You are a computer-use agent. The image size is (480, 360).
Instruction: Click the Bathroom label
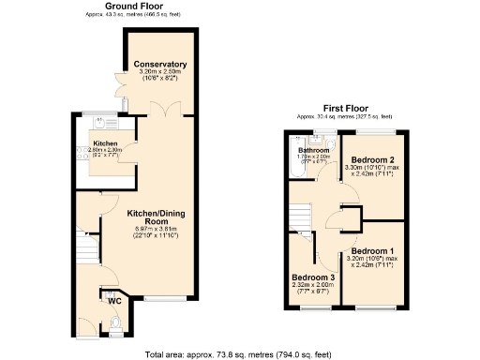313,150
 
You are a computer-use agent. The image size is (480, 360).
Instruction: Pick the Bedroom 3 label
311,277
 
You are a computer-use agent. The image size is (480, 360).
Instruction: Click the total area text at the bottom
239,353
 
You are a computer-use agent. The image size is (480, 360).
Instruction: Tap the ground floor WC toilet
113,323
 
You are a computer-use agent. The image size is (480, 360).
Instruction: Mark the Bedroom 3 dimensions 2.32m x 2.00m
311,286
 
